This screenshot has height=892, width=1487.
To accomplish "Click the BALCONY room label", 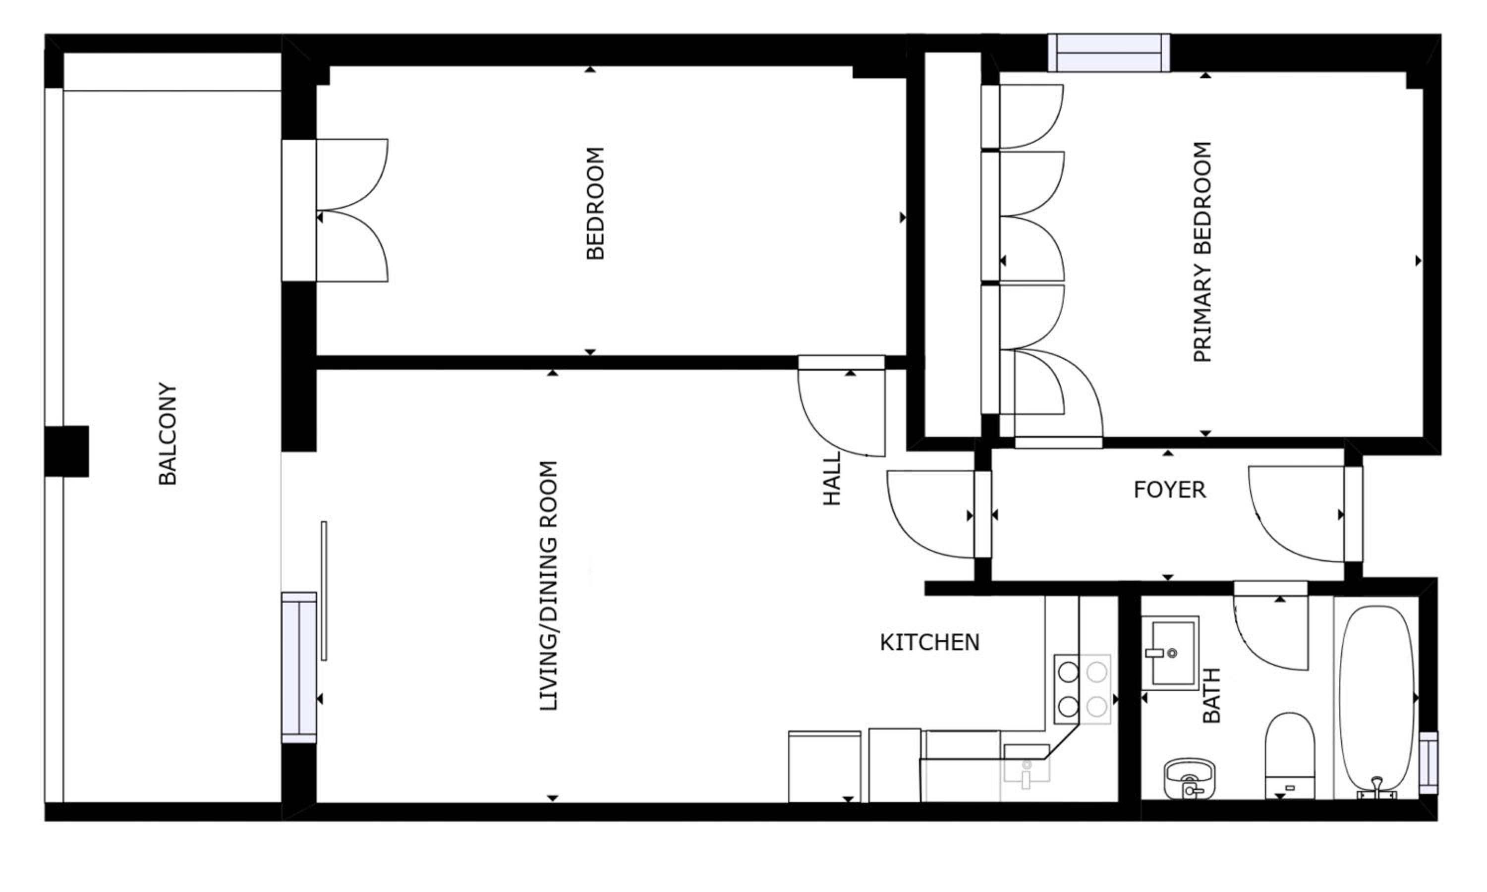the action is click(168, 434).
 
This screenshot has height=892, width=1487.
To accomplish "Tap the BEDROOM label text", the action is click(595, 203).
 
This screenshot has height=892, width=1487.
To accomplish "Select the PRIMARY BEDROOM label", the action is click(1202, 252).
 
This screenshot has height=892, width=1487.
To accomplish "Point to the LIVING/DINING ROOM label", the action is click(549, 586).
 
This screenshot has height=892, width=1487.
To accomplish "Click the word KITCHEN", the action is click(929, 643).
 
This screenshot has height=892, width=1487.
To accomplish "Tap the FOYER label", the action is click(1170, 490).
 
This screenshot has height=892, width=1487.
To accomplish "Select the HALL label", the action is click(832, 479).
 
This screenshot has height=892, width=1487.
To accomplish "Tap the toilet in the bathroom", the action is click(1290, 756).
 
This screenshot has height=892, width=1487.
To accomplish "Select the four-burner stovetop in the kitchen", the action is click(1082, 689).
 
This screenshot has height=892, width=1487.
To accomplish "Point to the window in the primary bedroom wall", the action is click(1109, 53).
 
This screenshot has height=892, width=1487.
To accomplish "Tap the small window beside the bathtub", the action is click(1429, 763).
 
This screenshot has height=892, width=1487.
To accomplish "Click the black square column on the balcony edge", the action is click(67, 451).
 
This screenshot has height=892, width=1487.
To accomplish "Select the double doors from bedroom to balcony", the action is click(352, 211).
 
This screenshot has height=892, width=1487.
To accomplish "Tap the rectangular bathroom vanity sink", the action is click(1170, 653).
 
